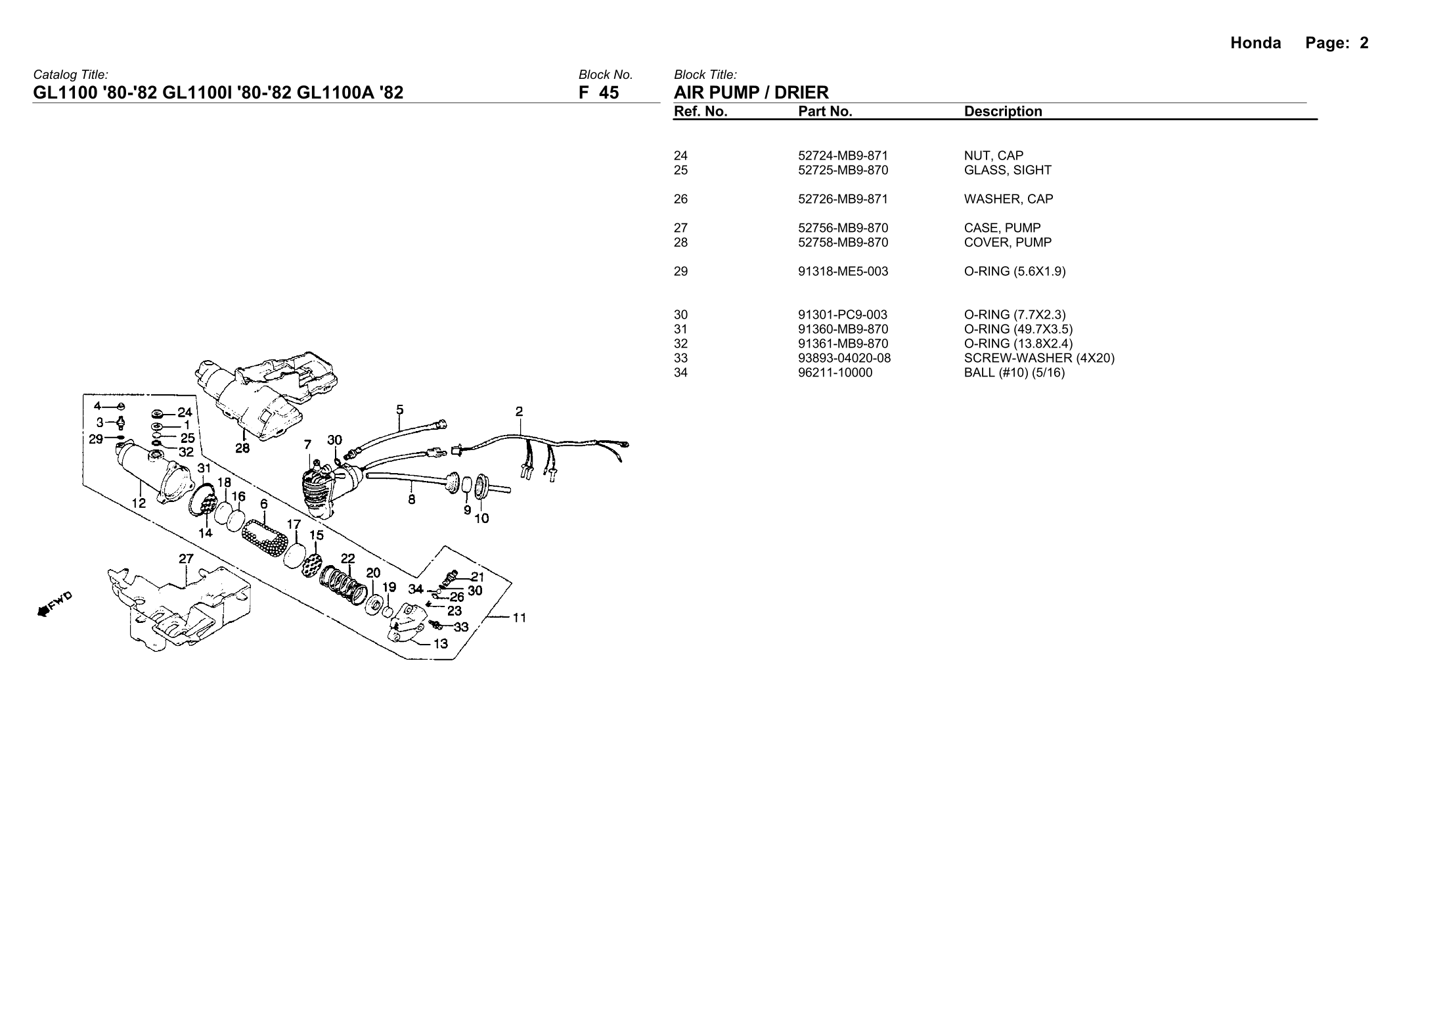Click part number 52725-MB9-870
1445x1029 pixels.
[x=843, y=170]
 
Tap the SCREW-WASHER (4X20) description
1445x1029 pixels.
[x=1039, y=358]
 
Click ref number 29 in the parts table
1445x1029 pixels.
[x=680, y=271]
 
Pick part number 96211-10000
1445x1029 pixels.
[x=835, y=373]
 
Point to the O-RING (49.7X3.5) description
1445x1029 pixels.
[x=1018, y=329]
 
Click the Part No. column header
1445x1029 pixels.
[x=825, y=112]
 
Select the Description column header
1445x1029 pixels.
[x=1003, y=112]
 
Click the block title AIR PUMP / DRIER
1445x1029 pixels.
[x=751, y=93]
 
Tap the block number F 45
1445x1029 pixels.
[x=598, y=93]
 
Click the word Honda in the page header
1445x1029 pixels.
[x=1255, y=43]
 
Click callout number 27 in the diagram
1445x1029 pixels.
[x=187, y=559]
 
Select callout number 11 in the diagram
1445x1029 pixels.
[x=519, y=618]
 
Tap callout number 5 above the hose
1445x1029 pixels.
[x=400, y=410]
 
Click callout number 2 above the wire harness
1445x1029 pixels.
[x=519, y=412]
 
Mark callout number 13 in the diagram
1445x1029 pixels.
[x=440, y=643]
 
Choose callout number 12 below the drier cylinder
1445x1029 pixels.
[x=139, y=503]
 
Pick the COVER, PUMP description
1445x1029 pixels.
[x=1008, y=242]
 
